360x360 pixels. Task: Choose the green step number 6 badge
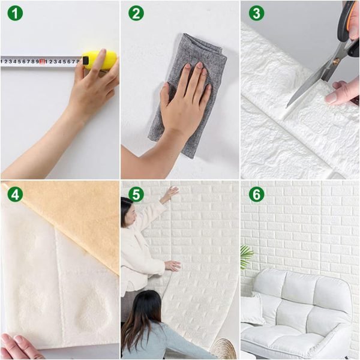[256, 194]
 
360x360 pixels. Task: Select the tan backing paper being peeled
[72, 216]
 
